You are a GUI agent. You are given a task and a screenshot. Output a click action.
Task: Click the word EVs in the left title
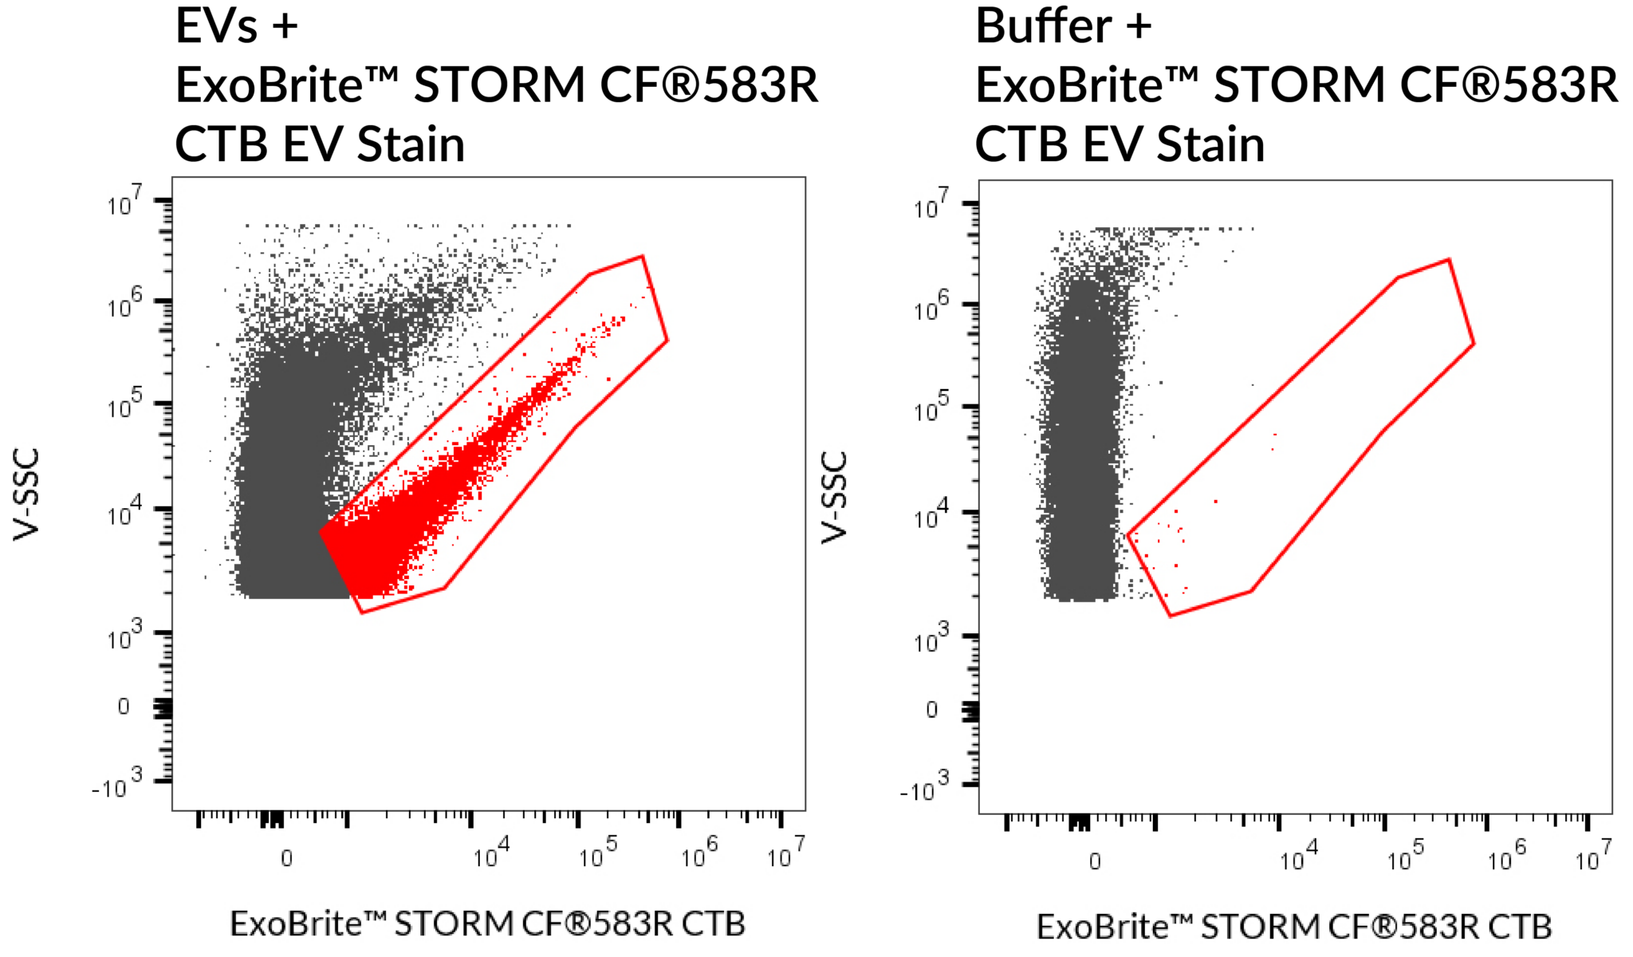pyautogui.click(x=216, y=26)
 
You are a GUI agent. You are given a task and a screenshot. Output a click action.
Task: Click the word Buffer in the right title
pyautogui.click(x=1043, y=26)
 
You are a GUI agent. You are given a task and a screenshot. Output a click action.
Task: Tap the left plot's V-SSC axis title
pyautogui.click(x=26, y=494)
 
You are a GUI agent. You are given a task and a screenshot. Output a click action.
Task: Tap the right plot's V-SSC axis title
pyautogui.click(x=834, y=498)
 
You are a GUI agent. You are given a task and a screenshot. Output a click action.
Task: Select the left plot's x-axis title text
pyautogui.click(x=487, y=924)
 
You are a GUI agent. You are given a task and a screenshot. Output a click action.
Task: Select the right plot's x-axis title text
pyautogui.click(x=1293, y=927)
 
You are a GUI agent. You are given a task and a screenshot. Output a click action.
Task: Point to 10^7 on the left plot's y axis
pyautogui.click(x=124, y=203)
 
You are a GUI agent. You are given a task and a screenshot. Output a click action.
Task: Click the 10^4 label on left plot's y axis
pyautogui.click(x=124, y=513)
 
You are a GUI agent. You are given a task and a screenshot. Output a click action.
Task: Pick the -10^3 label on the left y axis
pyautogui.click(x=117, y=785)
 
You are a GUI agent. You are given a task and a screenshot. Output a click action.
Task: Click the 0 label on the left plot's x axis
pyautogui.click(x=286, y=858)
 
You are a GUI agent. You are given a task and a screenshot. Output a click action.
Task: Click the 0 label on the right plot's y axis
pyautogui.click(x=931, y=710)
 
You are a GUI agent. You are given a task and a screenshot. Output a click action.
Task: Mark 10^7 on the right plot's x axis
pyautogui.click(x=1592, y=857)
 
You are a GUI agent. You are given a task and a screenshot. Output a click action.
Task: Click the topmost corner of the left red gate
pyautogui.click(x=642, y=256)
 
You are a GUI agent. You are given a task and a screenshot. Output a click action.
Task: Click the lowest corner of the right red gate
pyautogui.click(x=1170, y=616)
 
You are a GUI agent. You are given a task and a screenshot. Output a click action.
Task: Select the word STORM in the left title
pyautogui.click(x=499, y=85)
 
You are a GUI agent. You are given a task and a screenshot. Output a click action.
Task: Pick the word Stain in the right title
pyautogui.click(x=1210, y=145)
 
